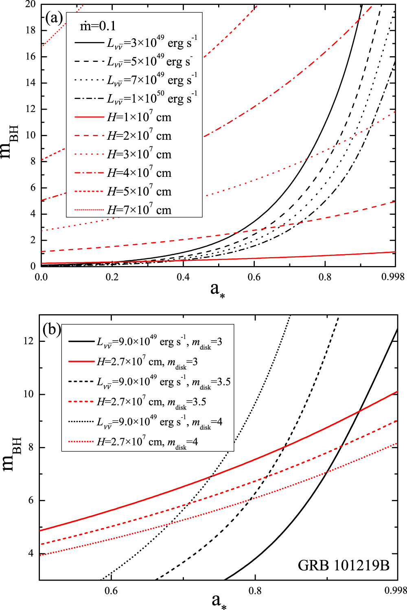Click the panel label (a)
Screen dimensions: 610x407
(x=54, y=18)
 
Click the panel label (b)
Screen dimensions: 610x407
(x=51, y=329)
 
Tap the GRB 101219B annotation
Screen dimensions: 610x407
(x=344, y=565)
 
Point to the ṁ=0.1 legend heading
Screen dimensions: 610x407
(x=98, y=26)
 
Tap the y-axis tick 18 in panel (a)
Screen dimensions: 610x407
(x=31, y=30)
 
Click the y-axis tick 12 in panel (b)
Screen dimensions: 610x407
(x=28, y=341)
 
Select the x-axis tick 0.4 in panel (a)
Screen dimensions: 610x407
(x=183, y=277)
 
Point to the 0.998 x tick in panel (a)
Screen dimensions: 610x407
(x=393, y=277)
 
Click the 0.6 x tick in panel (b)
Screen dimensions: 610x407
(x=111, y=591)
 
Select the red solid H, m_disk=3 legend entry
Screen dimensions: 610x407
(x=147, y=362)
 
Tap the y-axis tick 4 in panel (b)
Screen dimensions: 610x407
(x=31, y=554)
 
